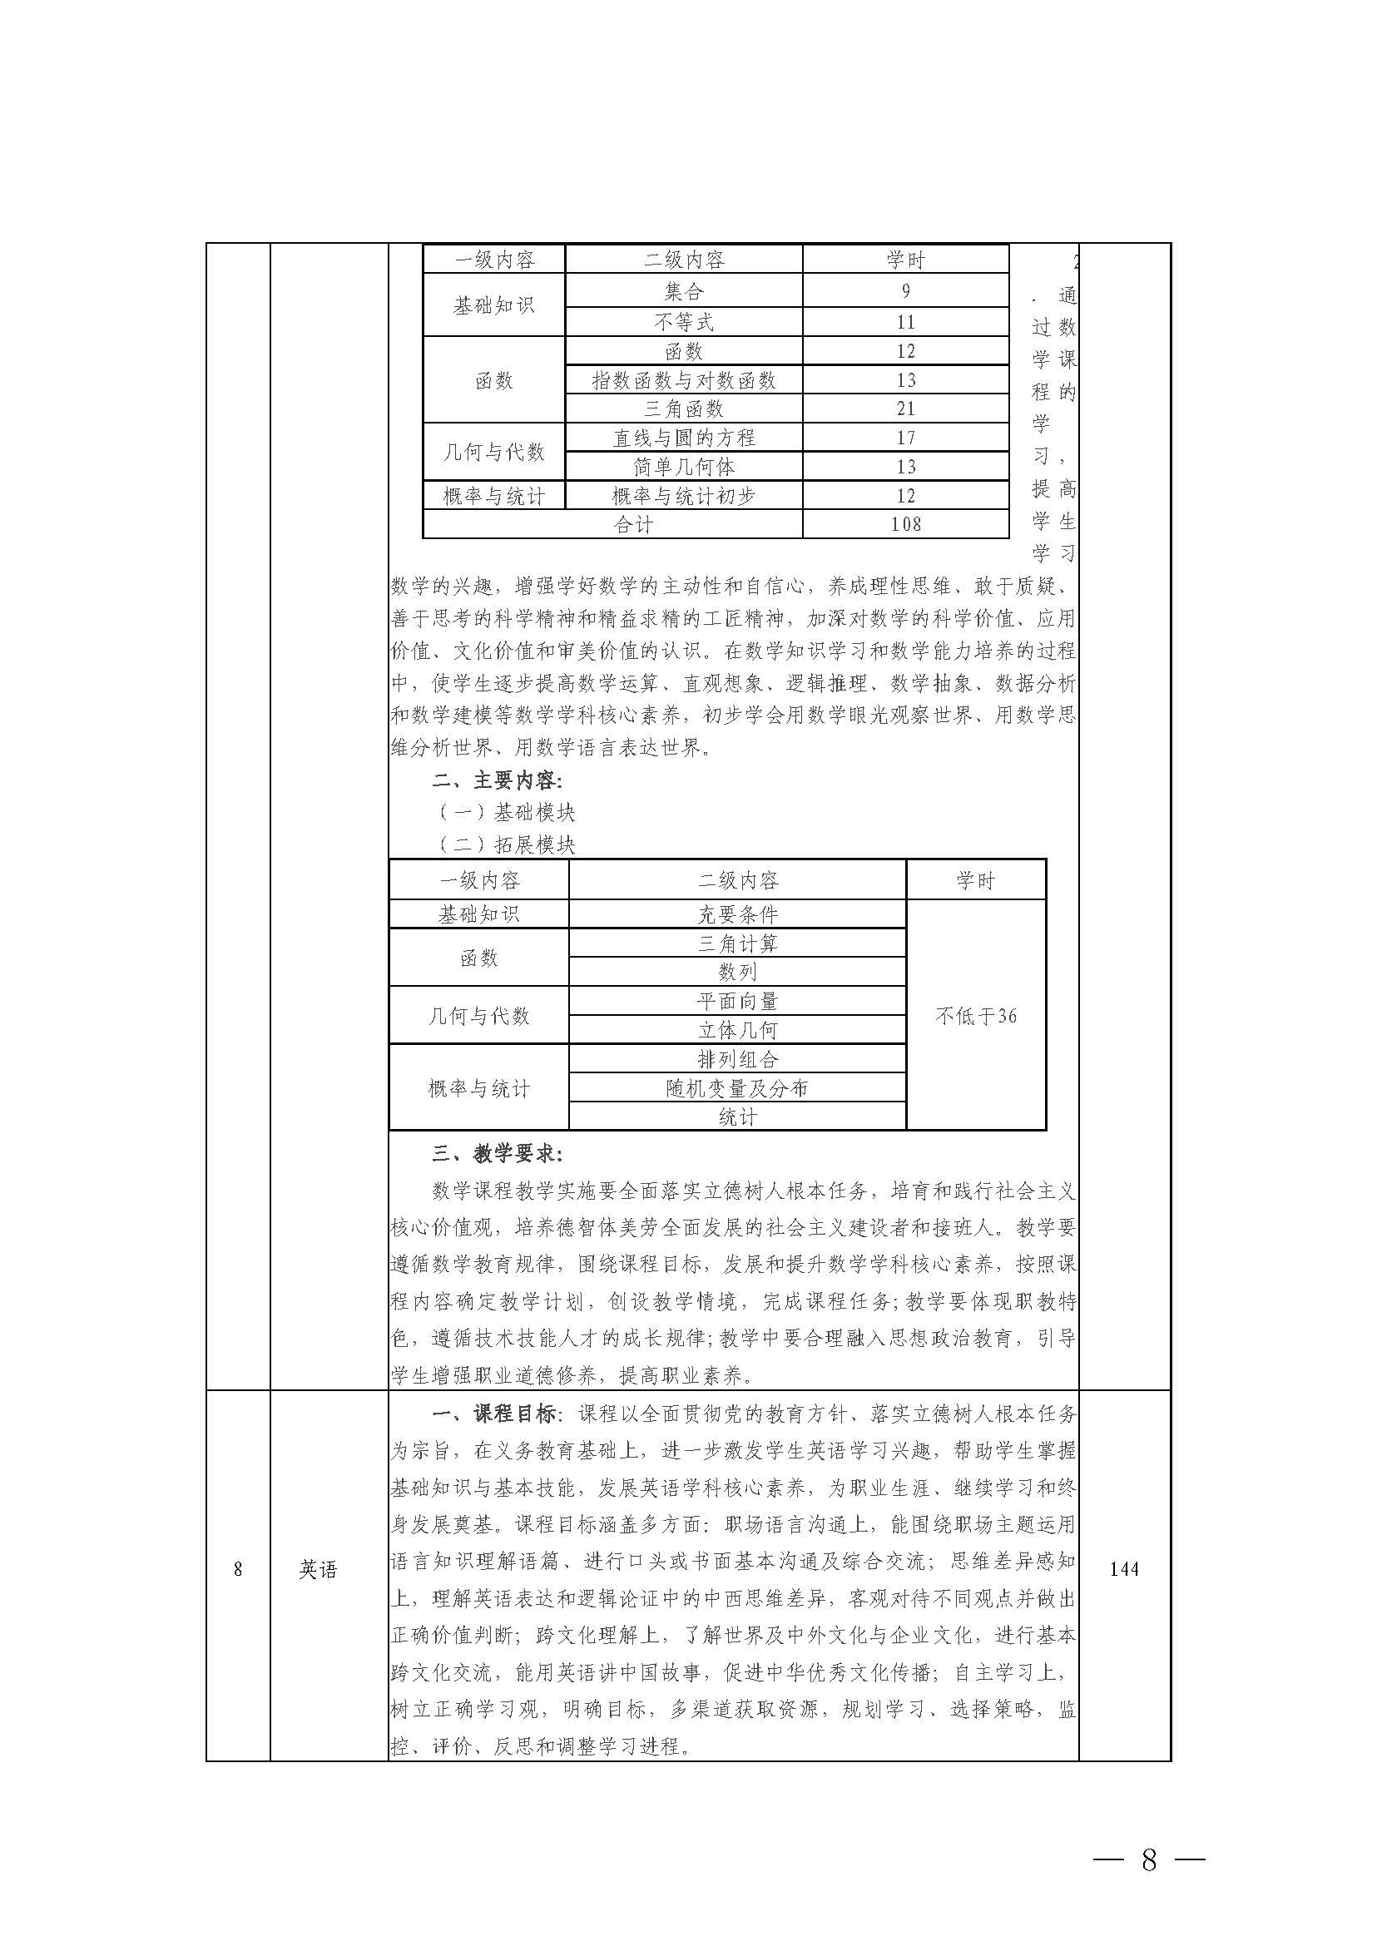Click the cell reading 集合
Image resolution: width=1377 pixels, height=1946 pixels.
683,292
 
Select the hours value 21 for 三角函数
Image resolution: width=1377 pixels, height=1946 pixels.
905,409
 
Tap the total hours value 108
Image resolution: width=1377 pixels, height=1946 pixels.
905,524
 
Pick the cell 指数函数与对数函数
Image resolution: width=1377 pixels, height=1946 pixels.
683,381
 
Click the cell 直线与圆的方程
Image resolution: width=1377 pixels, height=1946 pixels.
683,438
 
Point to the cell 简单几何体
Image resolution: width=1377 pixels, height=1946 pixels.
683,467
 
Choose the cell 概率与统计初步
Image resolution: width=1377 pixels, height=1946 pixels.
683,496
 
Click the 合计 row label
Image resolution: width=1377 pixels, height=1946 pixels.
632,525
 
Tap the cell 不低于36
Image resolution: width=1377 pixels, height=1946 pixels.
975,1016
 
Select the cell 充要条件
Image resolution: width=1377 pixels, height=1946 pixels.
737,914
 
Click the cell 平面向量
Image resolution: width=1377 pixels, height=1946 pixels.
737,1001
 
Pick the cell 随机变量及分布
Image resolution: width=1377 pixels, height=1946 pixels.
737,1088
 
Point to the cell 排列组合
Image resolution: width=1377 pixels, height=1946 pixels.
737,1059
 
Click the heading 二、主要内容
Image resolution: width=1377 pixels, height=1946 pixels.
497,780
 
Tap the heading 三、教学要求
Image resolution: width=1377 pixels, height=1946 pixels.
497,1154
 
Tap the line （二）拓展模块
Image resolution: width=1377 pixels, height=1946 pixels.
506,844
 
